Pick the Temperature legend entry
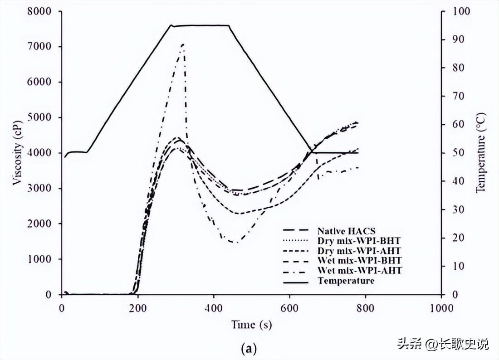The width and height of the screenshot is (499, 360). pyautogui.click(x=346, y=281)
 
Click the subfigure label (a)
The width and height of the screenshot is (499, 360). pyautogui.click(x=249, y=348)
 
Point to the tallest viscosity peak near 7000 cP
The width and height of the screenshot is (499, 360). pyautogui.click(x=182, y=44)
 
